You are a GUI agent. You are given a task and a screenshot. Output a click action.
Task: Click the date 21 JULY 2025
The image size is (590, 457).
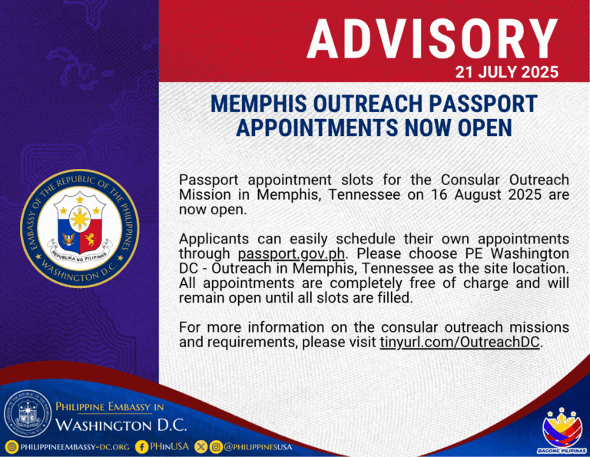[505, 74]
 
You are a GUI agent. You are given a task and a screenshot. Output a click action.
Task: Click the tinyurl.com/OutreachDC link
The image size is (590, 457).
[460, 342]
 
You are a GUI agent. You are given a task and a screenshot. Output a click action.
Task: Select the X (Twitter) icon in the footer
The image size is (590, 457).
[201, 446]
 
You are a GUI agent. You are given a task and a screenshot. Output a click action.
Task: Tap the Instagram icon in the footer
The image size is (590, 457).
[216, 446]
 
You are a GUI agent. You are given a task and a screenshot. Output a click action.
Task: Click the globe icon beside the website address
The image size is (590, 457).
[11, 446]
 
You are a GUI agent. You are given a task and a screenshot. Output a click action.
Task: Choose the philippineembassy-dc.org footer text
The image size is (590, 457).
[74, 446]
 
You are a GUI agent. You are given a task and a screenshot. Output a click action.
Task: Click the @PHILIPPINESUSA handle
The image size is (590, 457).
[257, 446]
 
